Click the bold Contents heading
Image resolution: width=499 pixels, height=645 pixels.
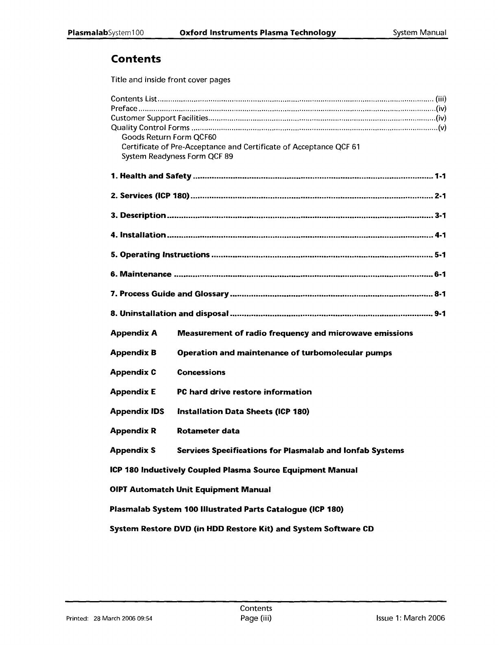136,59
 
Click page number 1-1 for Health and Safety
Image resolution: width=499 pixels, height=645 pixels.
440,176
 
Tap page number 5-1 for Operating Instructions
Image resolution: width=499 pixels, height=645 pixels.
440,255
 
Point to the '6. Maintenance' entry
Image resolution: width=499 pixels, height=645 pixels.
141,274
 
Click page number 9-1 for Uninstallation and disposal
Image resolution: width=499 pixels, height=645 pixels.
440,314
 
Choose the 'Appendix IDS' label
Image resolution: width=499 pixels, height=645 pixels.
137,411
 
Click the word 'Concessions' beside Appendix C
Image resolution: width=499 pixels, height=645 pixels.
201,372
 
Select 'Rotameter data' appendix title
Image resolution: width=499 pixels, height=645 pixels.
208,431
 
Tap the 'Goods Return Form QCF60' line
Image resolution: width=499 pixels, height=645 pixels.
169,137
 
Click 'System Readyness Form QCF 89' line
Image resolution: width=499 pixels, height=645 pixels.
177,157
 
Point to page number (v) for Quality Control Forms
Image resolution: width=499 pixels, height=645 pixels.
442,128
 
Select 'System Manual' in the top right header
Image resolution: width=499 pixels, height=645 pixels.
420,33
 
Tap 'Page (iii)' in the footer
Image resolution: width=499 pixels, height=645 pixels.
256,618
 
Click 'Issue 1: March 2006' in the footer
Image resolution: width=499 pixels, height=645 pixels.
411,618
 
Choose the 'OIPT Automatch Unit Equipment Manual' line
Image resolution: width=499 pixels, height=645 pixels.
190,490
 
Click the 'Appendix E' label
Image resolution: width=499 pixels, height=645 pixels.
133,392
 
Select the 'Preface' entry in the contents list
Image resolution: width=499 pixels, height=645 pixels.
124,109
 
